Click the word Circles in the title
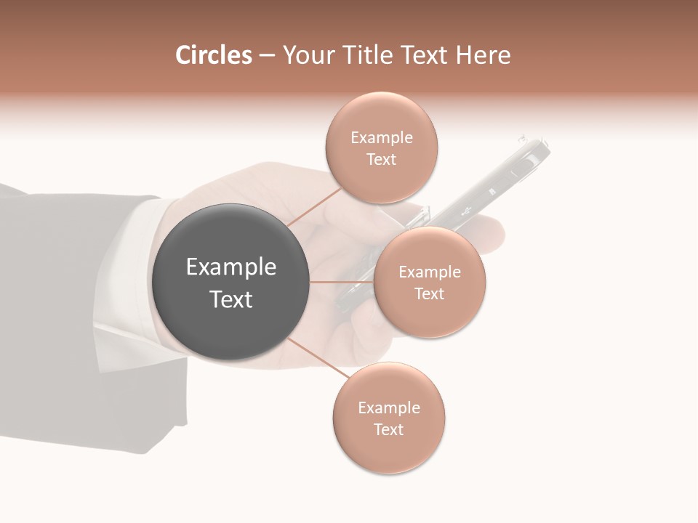coord(214,55)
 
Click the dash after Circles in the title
coord(266,56)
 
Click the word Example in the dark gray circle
coord(231,267)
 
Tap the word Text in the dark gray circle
coord(231,299)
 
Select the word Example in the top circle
coord(382,137)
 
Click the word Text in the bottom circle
coord(388,429)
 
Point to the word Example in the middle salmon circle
coord(430,272)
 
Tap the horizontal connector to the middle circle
coord(342,282)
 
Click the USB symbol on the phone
coord(467,211)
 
